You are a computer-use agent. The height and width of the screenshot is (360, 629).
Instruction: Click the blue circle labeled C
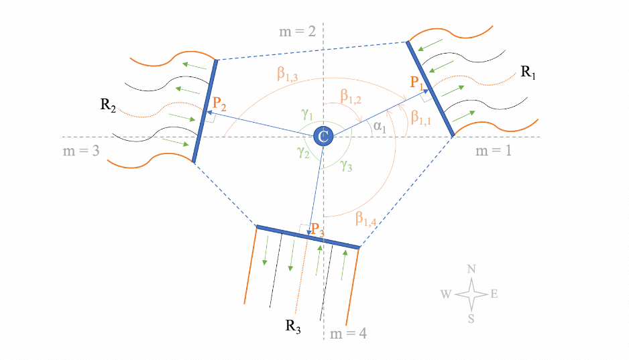(x=323, y=137)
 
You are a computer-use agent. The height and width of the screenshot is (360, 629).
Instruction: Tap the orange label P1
(x=418, y=83)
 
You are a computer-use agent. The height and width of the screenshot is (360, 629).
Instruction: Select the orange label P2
(x=219, y=103)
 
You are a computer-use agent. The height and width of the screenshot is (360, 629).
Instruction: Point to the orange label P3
(x=318, y=228)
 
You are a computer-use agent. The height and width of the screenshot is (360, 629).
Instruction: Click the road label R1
(x=528, y=72)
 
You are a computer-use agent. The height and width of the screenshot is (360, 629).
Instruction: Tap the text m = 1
(x=493, y=151)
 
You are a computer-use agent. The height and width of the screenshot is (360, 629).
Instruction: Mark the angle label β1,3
(x=289, y=74)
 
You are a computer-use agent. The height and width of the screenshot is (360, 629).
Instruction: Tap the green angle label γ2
(x=304, y=153)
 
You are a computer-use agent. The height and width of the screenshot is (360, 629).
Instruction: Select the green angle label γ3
(x=346, y=164)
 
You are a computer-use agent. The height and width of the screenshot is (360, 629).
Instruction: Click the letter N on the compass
(x=471, y=269)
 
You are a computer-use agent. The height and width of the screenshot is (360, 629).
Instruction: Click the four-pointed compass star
(x=471, y=294)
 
